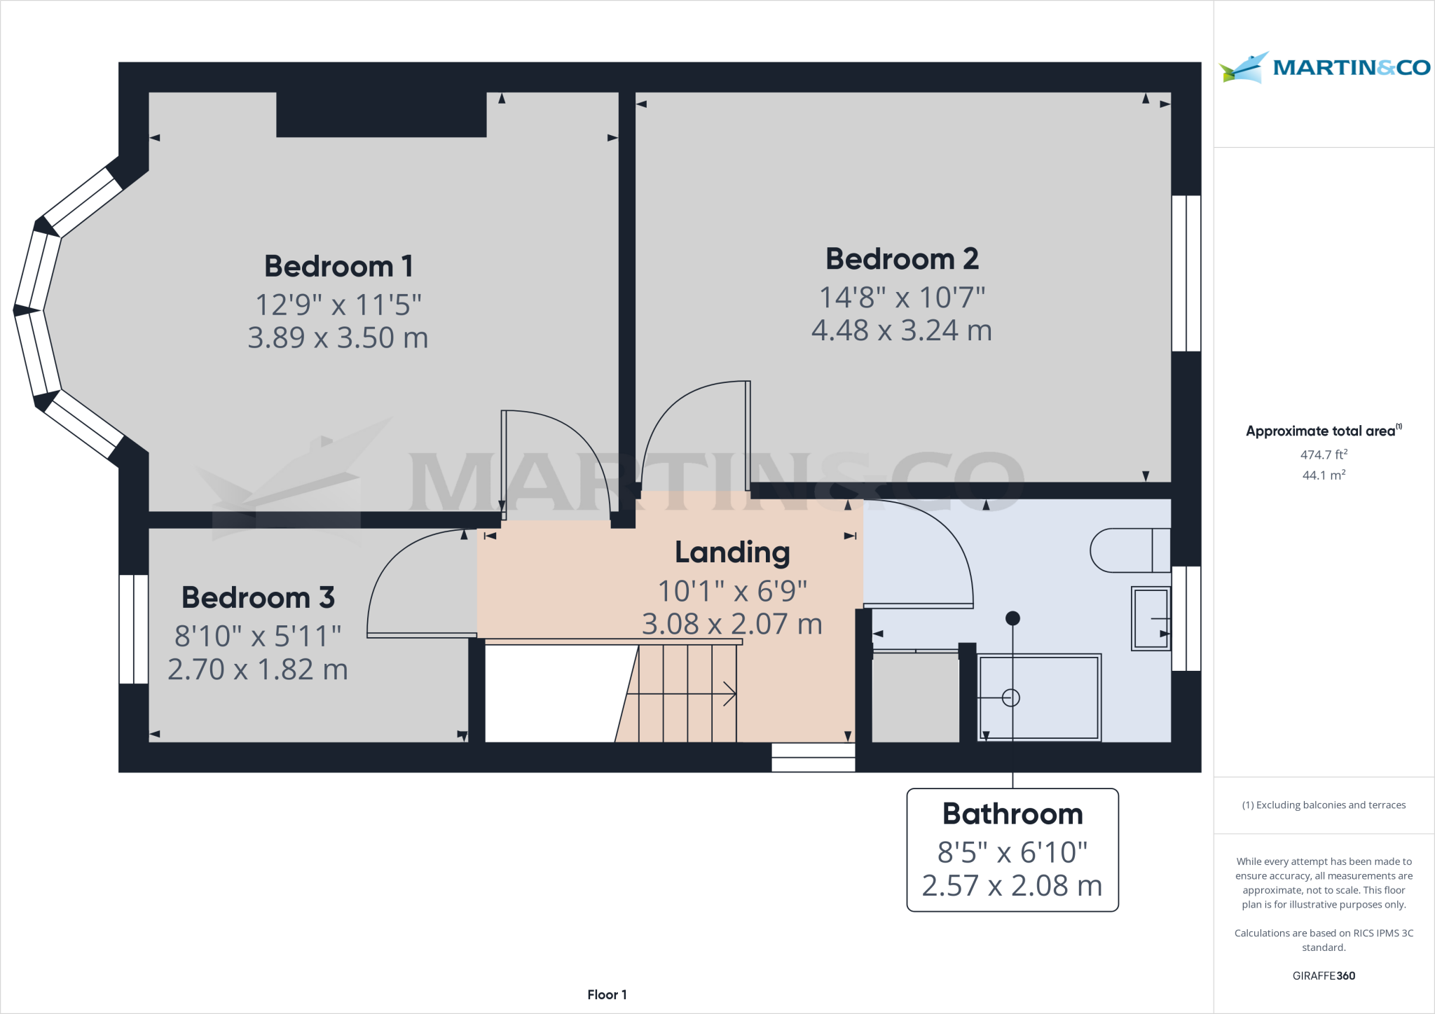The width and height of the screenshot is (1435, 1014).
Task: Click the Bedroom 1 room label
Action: [338, 267]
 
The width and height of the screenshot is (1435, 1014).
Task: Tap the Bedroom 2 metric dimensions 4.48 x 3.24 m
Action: [901, 331]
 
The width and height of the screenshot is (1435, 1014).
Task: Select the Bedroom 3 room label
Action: [258, 598]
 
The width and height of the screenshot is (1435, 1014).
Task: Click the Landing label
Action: [732, 553]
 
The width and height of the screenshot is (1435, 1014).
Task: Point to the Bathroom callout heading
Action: [1012, 814]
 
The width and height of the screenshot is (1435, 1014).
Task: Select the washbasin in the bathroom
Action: [1151, 618]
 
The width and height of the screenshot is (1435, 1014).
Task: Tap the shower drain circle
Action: [1010, 697]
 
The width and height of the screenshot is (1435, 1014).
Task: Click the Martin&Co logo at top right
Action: [1324, 68]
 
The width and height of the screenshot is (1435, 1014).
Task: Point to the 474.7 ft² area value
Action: [1324, 454]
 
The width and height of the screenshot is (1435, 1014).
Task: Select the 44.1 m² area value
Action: [1324, 475]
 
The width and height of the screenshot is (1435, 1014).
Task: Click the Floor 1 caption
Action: [607, 994]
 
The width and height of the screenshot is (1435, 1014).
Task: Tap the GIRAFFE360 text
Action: [1324, 975]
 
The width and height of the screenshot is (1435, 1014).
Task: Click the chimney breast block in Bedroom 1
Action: [381, 114]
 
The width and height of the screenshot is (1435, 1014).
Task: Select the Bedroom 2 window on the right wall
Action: [1186, 273]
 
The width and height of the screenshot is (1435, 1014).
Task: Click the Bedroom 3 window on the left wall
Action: [133, 629]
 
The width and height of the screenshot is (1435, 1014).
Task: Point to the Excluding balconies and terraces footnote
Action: [1324, 805]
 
